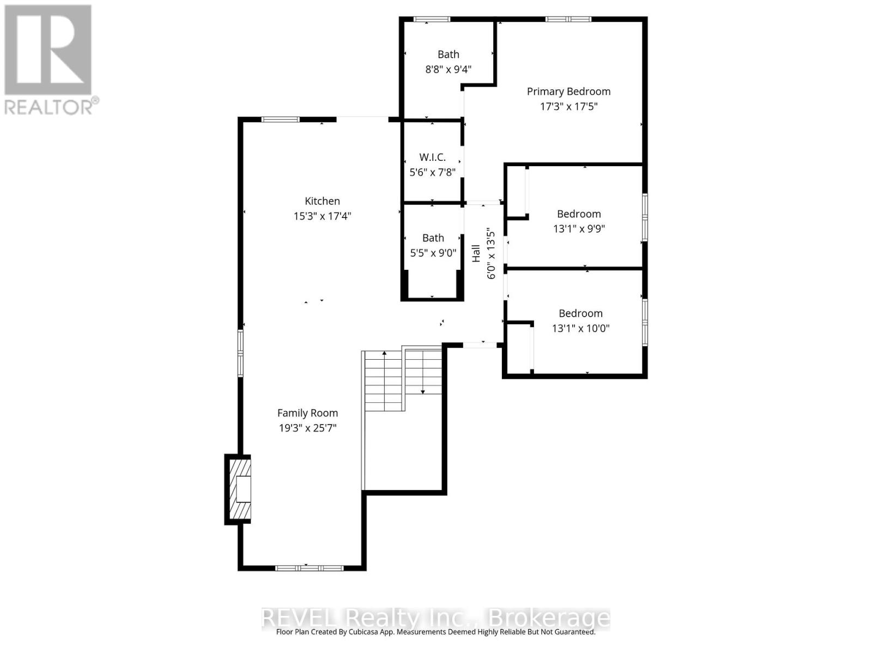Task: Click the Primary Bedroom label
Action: click(568, 92)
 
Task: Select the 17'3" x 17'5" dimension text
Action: click(568, 106)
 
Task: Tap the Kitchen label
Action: click(322, 201)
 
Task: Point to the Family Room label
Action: click(307, 413)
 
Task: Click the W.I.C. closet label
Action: click(432, 157)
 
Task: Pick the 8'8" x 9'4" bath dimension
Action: click(448, 69)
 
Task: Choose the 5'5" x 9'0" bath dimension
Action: click(433, 253)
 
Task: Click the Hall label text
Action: click(476, 253)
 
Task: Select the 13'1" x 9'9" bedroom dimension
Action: click(579, 229)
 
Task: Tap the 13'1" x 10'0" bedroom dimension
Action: click(580, 328)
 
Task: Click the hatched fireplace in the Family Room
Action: click(240, 489)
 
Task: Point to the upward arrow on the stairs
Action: click(384, 354)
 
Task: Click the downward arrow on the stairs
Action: click(423, 390)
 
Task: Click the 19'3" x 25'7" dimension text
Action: click(307, 428)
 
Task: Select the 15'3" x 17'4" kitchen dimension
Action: click(322, 216)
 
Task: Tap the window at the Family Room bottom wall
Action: click(309, 568)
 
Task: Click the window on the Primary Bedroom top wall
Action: click(568, 20)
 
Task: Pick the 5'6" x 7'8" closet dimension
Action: click(432, 172)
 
